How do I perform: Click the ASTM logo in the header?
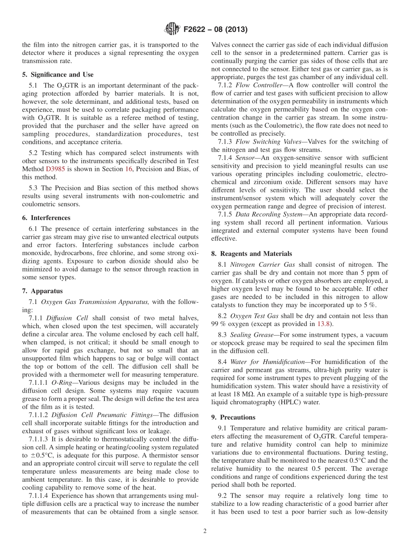pos(172,29)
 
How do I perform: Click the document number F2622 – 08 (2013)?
pos(214,30)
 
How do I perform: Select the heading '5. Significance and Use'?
pos(57,74)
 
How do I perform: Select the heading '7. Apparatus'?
pos(42,291)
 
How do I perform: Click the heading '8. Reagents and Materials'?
pos(252,254)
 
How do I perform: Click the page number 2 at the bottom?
pos(205,531)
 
